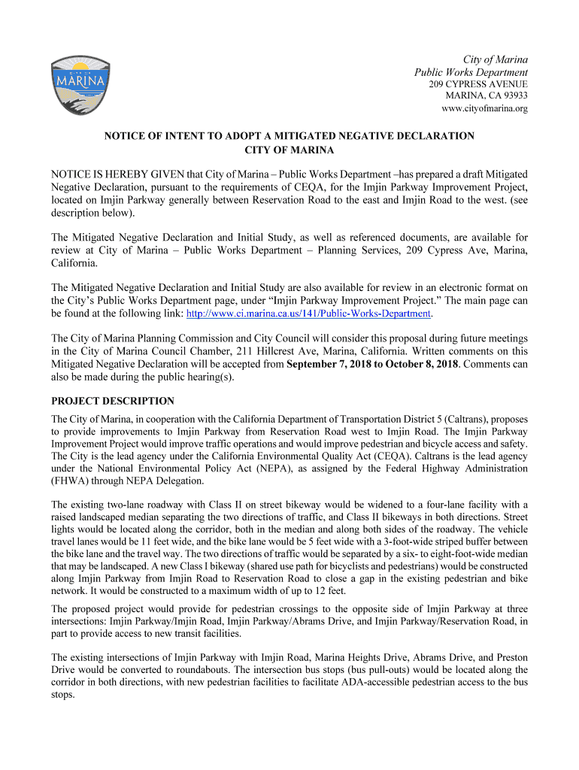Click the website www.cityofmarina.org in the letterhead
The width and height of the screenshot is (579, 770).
pyautogui.click(x=484, y=108)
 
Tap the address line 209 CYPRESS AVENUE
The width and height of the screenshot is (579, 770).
pyautogui.click(x=477, y=84)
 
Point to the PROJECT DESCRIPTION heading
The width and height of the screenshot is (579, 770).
pyautogui.click(x=112, y=401)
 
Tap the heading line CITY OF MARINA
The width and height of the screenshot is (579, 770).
pyautogui.click(x=289, y=150)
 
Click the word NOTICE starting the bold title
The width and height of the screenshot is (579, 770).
pyautogui.click(x=125, y=136)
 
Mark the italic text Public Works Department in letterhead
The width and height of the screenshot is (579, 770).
pyautogui.click(x=471, y=72)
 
